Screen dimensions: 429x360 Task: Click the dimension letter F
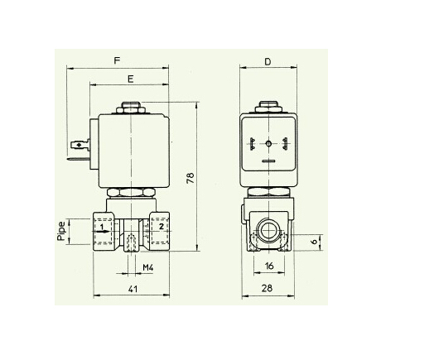click(x=118, y=60)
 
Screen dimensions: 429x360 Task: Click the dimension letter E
click(x=131, y=79)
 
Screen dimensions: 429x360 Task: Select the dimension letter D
click(x=268, y=62)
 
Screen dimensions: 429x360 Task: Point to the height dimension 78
click(x=190, y=178)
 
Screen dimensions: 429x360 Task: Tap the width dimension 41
click(x=133, y=289)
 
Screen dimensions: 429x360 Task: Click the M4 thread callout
click(x=148, y=267)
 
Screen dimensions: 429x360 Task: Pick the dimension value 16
click(x=269, y=266)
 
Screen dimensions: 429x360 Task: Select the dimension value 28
click(x=267, y=288)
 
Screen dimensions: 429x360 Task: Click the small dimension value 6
click(x=314, y=242)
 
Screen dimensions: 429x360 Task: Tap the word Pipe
click(x=61, y=231)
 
